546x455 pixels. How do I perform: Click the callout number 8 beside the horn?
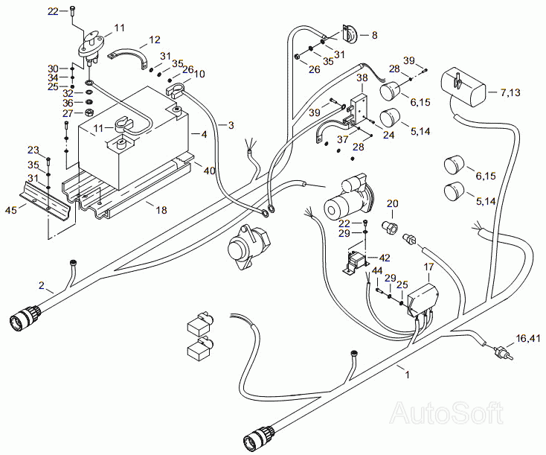374,35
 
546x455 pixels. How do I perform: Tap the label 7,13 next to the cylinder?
510,92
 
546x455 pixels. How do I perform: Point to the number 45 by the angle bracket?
11,210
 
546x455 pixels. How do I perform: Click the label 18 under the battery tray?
161,210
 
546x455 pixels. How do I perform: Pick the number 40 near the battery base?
209,171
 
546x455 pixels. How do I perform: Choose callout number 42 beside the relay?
385,258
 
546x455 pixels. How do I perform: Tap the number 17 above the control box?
429,267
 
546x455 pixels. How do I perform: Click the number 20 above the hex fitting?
393,203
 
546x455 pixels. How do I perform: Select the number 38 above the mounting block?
362,77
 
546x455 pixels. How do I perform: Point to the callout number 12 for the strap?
155,39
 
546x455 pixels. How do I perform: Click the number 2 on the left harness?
42,285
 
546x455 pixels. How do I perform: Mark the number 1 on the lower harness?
407,375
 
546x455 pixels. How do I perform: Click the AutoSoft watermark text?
447,413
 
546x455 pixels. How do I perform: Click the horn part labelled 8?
350,34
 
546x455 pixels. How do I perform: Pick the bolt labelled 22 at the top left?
72,10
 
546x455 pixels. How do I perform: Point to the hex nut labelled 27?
89,113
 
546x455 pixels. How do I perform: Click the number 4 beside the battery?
204,134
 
